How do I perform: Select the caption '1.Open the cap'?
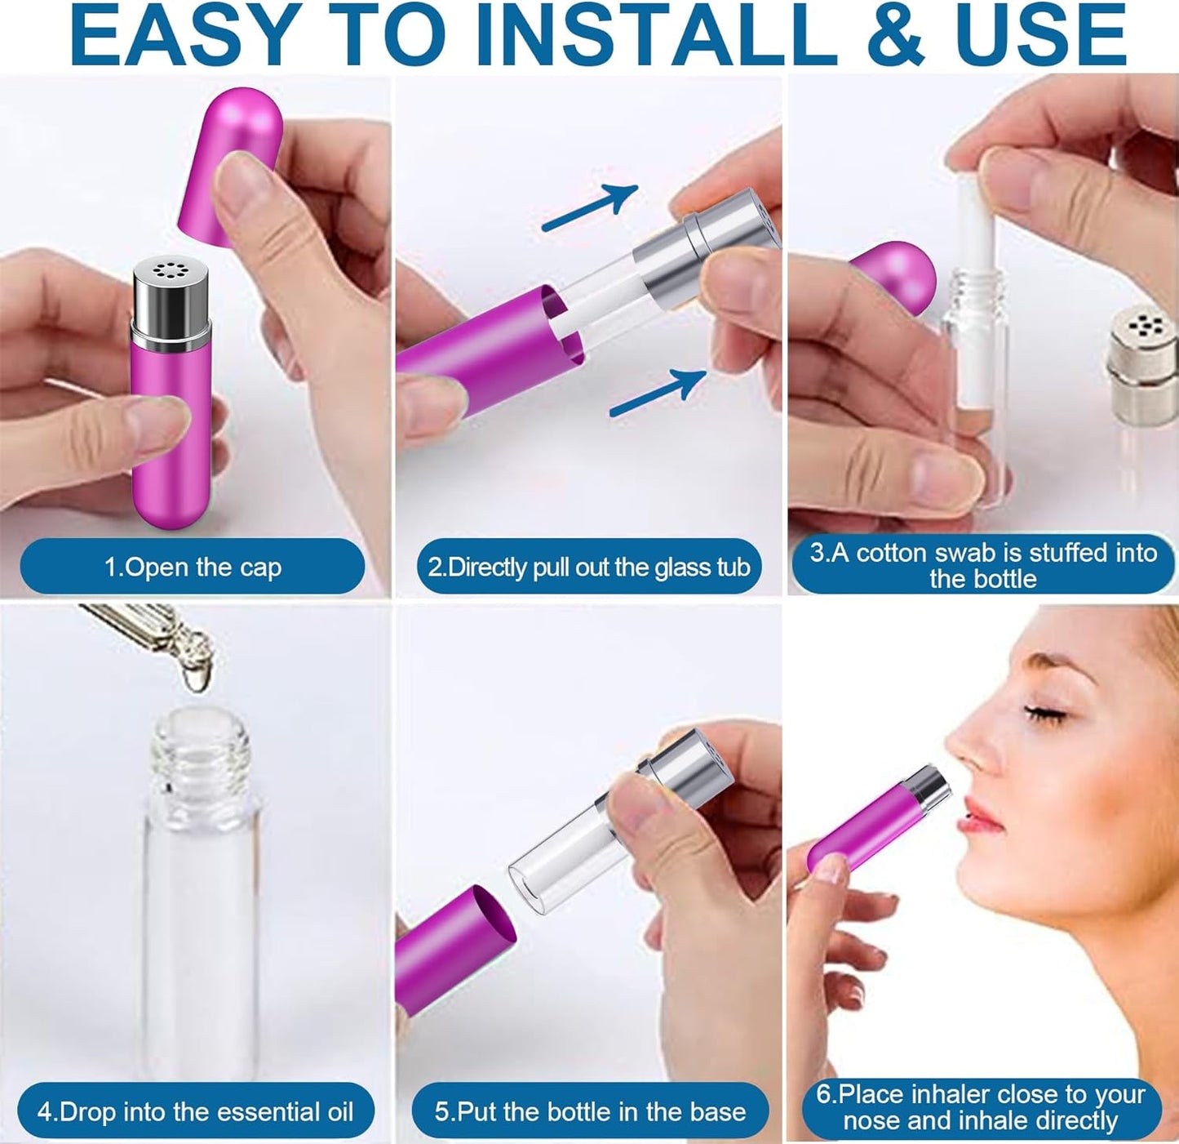click(x=193, y=567)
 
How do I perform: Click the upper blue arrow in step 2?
click(x=591, y=207)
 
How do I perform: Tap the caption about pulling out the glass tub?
click(x=589, y=567)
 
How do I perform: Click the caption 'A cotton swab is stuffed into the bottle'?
click(x=982, y=565)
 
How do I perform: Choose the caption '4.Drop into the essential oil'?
click(x=196, y=1111)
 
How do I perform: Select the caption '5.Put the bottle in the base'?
click(x=589, y=1111)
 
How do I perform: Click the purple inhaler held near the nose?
click(x=865, y=825)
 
